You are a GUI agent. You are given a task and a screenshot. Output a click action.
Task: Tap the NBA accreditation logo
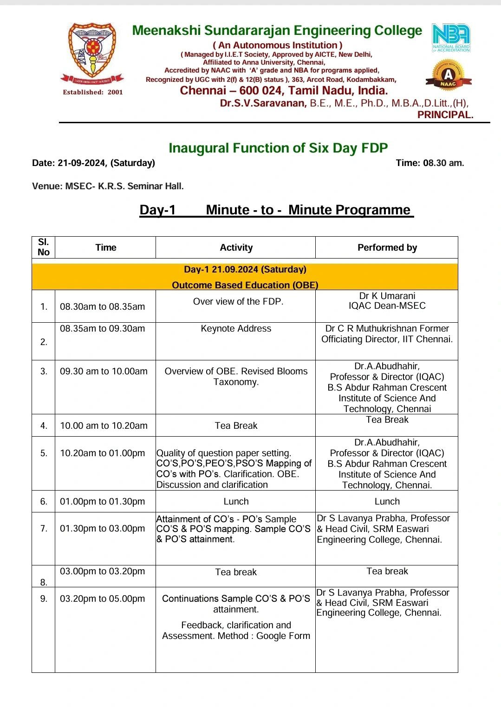tap(450, 37)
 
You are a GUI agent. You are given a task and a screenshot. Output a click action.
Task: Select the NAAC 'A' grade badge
tap(448, 75)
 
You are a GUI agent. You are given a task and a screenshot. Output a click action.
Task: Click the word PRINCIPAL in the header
tap(445, 115)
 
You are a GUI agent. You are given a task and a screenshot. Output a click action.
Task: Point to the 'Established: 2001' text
tap(93, 92)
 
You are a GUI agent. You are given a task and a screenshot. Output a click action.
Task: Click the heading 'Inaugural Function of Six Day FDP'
tap(278, 148)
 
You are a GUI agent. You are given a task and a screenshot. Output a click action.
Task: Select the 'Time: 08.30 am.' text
tap(429, 163)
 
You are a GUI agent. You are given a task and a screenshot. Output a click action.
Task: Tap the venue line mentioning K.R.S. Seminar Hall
tap(108, 186)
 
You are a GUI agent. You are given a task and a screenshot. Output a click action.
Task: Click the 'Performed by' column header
tap(387, 247)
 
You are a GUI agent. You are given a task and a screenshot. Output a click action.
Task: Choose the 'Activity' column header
tap(236, 247)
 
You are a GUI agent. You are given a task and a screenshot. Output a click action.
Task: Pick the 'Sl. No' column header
tap(43, 247)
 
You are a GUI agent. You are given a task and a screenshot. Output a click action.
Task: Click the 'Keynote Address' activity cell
tap(236, 328)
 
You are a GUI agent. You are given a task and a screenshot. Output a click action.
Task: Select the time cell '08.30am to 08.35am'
tap(102, 306)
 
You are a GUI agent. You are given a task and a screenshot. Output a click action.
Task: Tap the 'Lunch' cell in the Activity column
tap(236, 501)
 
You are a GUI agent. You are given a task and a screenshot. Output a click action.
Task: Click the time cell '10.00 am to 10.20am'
tap(104, 425)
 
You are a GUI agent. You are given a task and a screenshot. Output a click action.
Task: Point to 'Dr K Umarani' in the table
tap(387, 296)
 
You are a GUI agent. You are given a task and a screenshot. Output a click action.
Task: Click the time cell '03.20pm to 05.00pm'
tap(102, 598)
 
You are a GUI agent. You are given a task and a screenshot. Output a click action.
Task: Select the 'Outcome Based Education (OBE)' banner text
tap(245, 285)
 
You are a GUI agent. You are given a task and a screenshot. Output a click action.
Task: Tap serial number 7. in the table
tap(44, 529)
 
